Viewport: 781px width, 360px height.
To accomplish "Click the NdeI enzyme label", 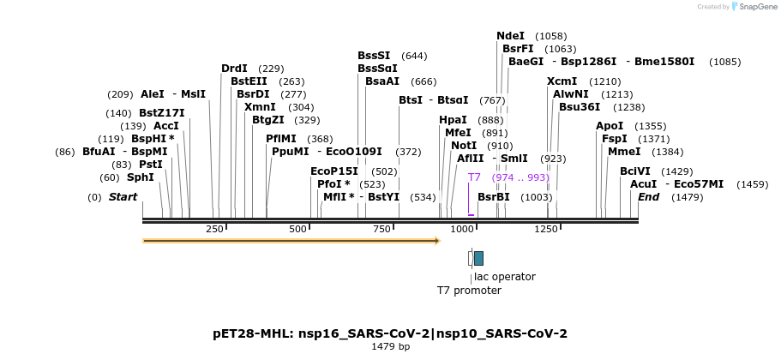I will tap(510, 36).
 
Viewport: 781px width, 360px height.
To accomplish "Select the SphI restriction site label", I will tap(141, 177).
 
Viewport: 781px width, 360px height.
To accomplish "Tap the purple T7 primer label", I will tap(474, 177).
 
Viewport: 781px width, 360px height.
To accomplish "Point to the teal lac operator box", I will tap(478, 258).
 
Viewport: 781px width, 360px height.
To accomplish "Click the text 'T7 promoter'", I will tap(469, 291).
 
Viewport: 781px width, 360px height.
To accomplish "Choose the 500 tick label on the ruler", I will tap(297, 229).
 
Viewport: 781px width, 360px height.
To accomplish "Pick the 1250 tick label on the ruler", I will tap(546, 229).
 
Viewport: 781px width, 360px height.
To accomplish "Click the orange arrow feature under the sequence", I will tap(291, 241).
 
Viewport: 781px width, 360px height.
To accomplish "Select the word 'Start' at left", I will tap(123, 197).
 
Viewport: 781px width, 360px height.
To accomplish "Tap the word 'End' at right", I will tap(649, 197).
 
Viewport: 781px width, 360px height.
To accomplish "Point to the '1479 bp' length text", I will tap(390, 347).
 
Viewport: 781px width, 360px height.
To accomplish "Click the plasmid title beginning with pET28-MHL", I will tap(390, 333).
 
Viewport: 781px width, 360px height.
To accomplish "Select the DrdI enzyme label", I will tap(234, 69).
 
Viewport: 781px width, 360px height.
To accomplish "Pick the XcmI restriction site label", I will tap(562, 81).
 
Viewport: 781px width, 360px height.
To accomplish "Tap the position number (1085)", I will tap(725, 62).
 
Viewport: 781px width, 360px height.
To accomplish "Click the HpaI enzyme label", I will tap(453, 120).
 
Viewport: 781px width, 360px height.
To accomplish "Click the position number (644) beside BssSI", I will tap(414, 56).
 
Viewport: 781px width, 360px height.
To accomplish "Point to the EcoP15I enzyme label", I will tap(333, 171).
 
